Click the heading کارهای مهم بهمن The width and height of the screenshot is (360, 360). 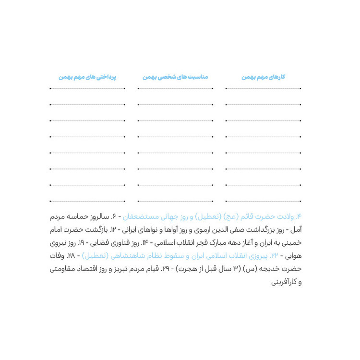(264, 77)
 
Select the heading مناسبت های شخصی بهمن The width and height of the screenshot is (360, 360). (175, 77)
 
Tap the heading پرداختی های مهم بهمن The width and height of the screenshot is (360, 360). (87, 77)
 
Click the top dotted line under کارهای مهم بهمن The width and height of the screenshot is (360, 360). (264, 88)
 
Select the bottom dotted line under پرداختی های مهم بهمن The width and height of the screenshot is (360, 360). (87, 201)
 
